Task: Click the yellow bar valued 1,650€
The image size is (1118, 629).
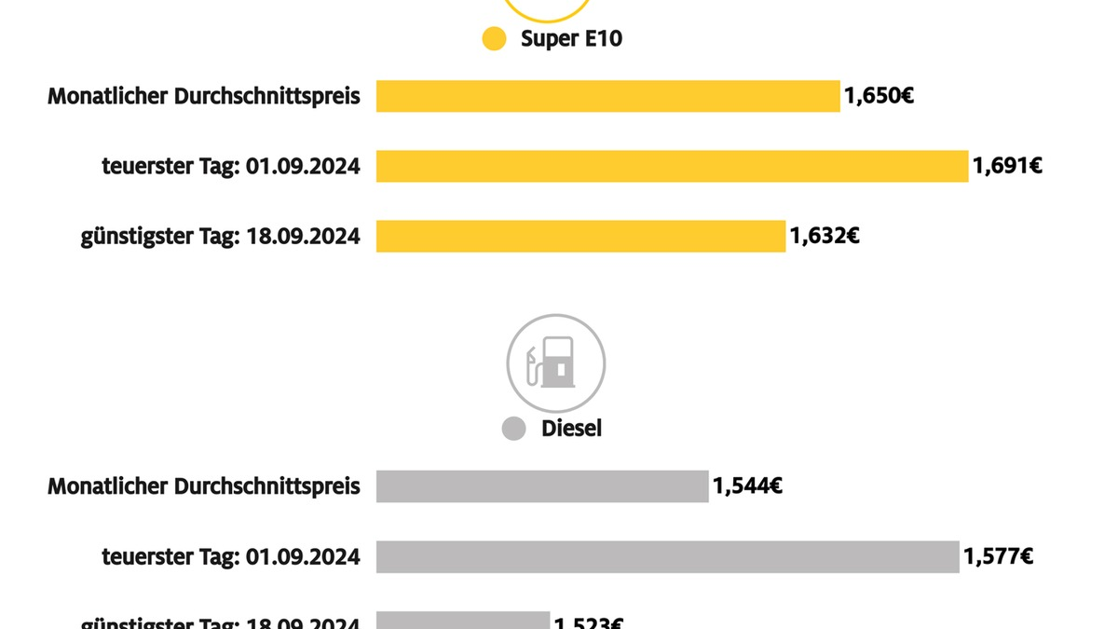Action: click(607, 96)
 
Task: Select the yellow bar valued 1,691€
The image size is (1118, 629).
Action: click(672, 166)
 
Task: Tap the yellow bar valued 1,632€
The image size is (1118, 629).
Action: click(580, 236)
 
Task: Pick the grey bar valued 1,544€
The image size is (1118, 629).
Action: click(542, 485)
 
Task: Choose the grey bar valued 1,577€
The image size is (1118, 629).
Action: click(667, 556)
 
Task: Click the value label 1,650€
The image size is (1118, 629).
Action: click(879, 95)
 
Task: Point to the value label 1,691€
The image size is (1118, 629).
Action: click(1007, 166)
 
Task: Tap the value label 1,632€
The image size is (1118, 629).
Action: click(825, 236)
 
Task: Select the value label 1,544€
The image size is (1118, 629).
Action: click(747, 485)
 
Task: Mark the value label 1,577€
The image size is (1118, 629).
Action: click(998, 556)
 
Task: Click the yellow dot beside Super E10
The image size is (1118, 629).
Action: click(494, 39)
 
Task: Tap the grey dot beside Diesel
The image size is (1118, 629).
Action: click(514, 429)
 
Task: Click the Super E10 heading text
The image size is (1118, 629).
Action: click(571, 39)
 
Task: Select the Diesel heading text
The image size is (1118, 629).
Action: click(571, 429)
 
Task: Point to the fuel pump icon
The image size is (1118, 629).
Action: click(555, 363)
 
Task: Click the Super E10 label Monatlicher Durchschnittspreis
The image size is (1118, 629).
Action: click(204, 96)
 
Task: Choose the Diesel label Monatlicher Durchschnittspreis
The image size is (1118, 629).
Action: click(204, 486)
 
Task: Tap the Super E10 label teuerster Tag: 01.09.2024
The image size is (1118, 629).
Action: click(231, 167)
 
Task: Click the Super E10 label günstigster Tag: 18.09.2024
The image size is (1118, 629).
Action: click(221, 237)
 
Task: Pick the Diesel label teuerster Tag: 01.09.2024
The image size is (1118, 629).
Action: click(231, 557)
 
